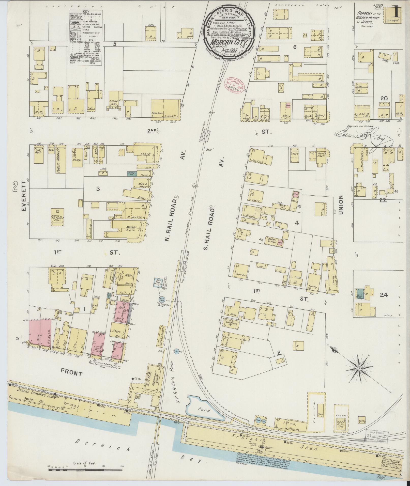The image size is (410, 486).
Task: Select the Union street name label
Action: (341, 205)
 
